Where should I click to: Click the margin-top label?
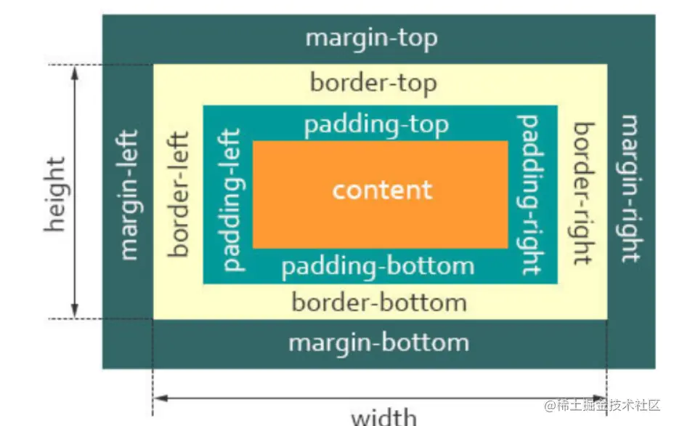coord(372,38)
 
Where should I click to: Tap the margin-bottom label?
coord(378,342)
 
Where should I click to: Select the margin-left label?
coord(129,195)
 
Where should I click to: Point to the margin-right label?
coord(630,188)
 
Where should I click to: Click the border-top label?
coord(373,82)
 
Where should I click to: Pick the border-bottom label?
coord(378,302)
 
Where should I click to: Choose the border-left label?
coord(179,194)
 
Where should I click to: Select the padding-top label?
coord(376,124)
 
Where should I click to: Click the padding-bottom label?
coord(378,266)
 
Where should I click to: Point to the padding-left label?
coord(232,199)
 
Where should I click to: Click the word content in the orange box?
coord(382,190)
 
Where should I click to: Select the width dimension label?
coord(384,417)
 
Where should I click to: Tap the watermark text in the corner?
coord(604,404)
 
